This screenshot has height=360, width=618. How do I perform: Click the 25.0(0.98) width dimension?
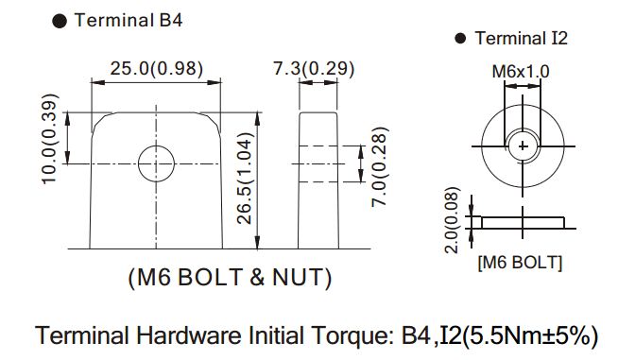(x=157, y=68)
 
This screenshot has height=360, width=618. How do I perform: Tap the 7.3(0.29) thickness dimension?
(x=314, y=68)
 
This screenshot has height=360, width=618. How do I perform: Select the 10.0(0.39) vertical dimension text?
(x=50, y=138)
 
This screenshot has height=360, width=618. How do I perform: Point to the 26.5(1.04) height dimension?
(x=245, y=179)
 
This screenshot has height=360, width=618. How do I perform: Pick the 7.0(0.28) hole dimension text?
(x=380, y=167)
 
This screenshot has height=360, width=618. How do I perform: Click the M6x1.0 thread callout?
(x=521, y=72)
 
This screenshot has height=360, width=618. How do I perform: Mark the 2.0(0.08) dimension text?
(x=452, y=220)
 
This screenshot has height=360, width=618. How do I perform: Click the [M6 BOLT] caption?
(x=520, y=263)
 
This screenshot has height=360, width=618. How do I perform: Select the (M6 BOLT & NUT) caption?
(x=230, y=277)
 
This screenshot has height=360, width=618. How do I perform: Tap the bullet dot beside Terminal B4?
(x=60, y=22)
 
